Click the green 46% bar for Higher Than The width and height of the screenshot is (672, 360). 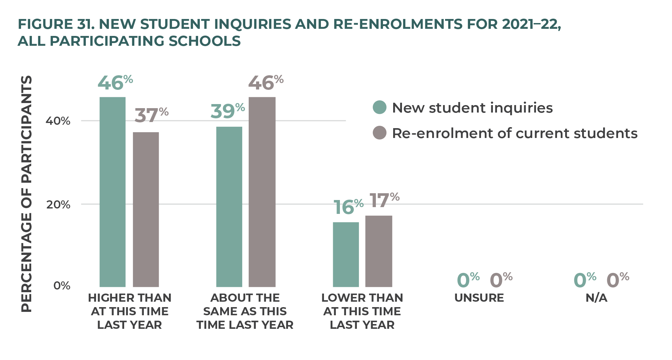112,192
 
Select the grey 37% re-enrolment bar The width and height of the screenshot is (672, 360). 146,209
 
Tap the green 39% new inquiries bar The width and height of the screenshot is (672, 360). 229,207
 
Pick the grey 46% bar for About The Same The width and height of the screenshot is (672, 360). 262,192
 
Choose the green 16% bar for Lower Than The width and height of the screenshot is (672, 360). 346,255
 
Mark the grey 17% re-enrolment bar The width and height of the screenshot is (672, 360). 379,251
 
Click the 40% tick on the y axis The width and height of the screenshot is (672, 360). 58,121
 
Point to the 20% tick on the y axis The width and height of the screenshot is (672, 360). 58,205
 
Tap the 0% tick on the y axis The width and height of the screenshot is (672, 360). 62,286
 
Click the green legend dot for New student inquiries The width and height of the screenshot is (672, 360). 380,107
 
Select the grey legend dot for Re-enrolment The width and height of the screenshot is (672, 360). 380,133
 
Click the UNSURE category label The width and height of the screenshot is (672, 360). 479,298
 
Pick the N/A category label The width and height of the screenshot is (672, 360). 596,298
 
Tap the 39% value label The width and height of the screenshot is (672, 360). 228,111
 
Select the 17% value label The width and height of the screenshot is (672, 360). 384,200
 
